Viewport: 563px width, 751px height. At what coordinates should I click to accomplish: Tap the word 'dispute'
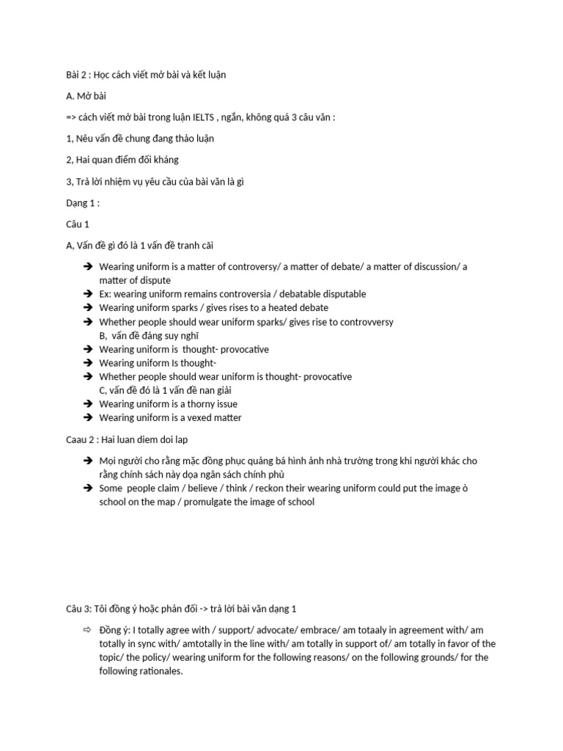(x=155, y=280)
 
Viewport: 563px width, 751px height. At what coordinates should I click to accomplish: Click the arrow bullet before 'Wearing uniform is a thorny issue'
(x=86, y=404)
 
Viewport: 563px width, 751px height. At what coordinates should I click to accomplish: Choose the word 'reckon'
(x=266, y=488)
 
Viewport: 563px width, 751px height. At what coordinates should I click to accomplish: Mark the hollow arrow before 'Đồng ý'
(x=86, y=631)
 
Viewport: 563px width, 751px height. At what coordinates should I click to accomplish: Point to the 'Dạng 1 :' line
(x=82, y=202)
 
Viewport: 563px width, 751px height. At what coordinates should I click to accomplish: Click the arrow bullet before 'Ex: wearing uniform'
(x=86, y=294)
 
